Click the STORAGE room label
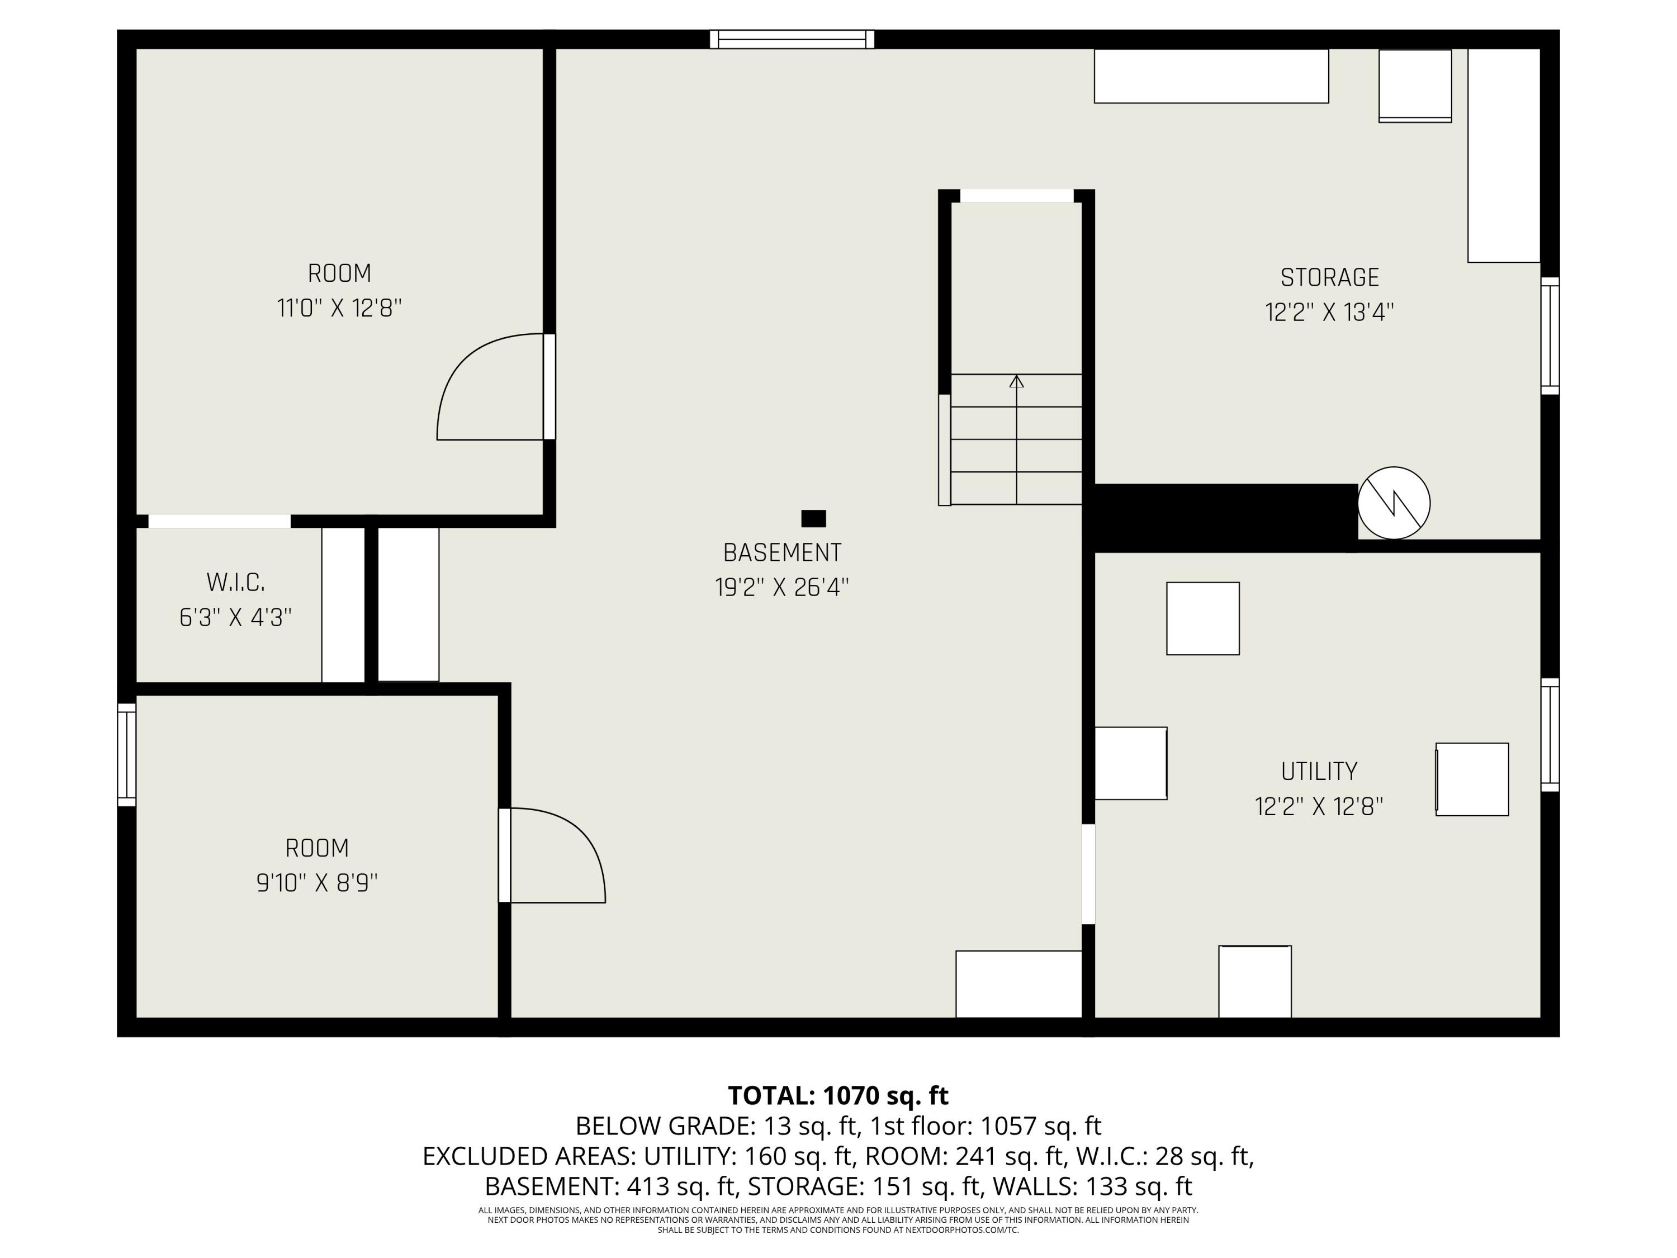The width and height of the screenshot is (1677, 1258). (x=1329, y=277)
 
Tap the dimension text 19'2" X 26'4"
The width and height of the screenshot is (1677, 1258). (x=781, y=588)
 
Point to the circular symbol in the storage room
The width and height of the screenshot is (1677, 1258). (x=1394, y=503)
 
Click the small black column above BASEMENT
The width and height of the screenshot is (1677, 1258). (x=813, y=519)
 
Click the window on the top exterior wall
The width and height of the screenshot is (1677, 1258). (x=792, y=40)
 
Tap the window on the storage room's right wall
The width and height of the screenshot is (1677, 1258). (x=1550, y=336)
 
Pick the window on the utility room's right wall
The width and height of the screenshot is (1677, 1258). (x=1550, y=735)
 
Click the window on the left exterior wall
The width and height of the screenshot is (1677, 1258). (x=126, y=754)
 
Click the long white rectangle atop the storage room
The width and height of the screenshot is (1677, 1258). (x=1211, y=76)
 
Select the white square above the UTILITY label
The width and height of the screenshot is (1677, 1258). (x=1202, y=618)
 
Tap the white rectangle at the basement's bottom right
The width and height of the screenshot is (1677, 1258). (x=1018, y=983)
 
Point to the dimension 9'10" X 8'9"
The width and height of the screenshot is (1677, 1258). (x=317, y=883)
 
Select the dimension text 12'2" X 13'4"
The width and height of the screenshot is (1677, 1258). (x=1329, y=313)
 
